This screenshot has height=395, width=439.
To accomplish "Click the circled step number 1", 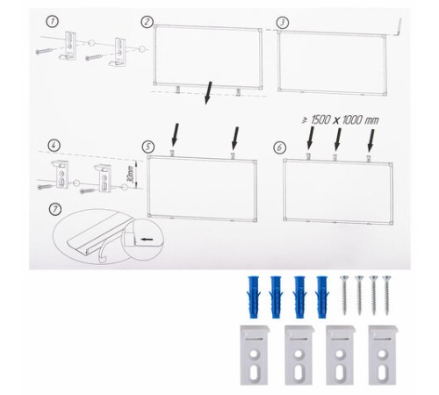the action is [x=53, y=21].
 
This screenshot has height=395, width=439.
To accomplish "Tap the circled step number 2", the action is [x=147, y=22].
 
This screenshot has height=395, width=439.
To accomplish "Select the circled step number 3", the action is [x=283, y=23].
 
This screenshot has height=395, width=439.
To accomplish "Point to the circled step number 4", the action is [x=54, y=146].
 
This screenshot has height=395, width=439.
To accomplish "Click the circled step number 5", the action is [x=148, y=147].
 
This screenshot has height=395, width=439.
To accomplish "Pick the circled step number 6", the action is [x=279, y=147].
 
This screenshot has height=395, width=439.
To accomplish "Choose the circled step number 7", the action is [x=55, y=210].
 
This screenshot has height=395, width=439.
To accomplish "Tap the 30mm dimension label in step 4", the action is [x=131, y=175].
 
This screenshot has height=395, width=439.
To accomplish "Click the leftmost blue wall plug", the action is [x=253, y=297].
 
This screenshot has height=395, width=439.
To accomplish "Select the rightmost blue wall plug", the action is [x=322, y=297].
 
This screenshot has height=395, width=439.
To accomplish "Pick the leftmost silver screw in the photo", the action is [x=344, y=295].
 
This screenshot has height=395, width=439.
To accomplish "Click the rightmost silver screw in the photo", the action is [x=387, y=295].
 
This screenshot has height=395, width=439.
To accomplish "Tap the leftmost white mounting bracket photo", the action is [x=254, y=355].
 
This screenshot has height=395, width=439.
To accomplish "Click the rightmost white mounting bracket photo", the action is [x=382, y=355].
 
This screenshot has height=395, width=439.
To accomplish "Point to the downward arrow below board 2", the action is [x=208, y=93].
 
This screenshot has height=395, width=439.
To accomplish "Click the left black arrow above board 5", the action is [x=175, y=134].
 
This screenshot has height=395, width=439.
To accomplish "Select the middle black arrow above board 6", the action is [x=338, y=140].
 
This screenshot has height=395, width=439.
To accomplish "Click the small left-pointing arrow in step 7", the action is [x=147, y=240].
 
